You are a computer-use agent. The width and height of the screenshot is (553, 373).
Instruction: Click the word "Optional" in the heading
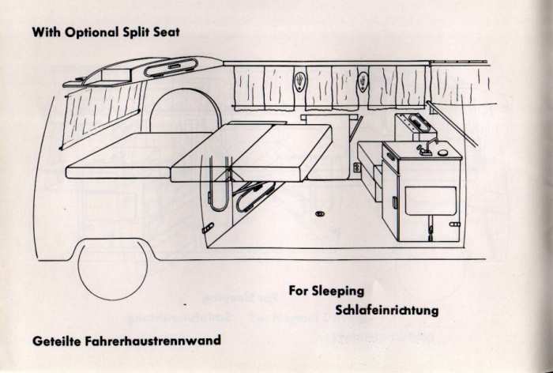click(x=92, y=32)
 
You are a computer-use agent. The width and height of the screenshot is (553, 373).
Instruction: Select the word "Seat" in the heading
click(x=167, y=32)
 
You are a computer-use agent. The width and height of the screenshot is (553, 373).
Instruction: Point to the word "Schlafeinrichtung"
click(x=387, y=311)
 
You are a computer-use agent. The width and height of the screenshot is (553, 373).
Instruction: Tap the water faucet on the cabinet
click(x=427, y=146)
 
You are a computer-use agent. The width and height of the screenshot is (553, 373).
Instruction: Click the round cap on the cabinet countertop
click(x=442, y=153)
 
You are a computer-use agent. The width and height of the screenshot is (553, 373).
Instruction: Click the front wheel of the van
click(x=112, y=270)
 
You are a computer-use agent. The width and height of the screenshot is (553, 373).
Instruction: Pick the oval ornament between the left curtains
click(x=299, y=81)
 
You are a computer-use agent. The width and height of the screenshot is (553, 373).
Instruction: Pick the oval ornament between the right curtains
click(x=363, y=81)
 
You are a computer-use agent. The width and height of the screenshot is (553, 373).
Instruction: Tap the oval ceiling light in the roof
click(x=171, y=67)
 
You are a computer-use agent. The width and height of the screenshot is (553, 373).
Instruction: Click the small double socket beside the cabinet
click(x=357, y=168)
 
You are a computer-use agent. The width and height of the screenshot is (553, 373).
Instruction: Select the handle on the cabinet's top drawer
click(x=391, y=156)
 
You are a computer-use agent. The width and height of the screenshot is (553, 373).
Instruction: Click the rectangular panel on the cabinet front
click(x=431, y=202)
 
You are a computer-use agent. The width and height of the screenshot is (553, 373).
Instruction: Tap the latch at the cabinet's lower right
click(x=454, y=224)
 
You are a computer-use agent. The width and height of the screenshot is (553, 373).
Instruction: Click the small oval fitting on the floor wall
click(x=320, y=213)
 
